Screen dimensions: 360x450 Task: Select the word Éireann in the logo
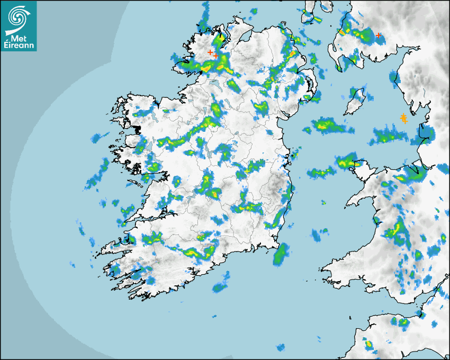[x=19, y=46]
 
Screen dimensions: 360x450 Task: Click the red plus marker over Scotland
[x=378, y=35]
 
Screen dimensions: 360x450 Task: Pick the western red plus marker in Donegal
[x=210, y=52]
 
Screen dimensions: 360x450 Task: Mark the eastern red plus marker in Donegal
[x=216, y=55]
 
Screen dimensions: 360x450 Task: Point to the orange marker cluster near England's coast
[x=403, y=118]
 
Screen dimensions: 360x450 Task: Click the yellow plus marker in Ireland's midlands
[x=247, y=172]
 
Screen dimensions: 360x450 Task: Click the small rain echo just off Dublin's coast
[x=295, y=154]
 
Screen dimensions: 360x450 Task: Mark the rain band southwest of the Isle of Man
[x=330, y=126]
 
